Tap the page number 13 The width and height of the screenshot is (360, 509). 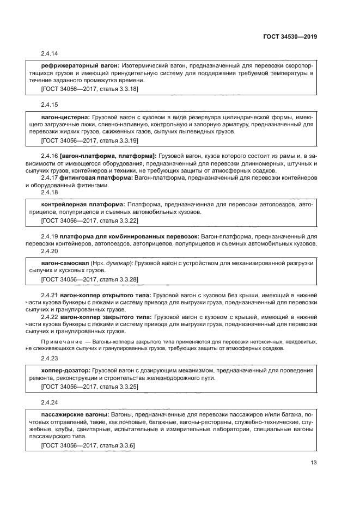click(313, 463)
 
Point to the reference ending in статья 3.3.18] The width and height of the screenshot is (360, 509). click(89, 88)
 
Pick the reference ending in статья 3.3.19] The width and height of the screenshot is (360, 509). click(89, 140)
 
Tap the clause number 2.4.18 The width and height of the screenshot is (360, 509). click(49, 193)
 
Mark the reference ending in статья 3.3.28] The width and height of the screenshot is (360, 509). click(89, 279)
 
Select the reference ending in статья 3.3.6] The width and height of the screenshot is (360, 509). click(88, 445)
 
